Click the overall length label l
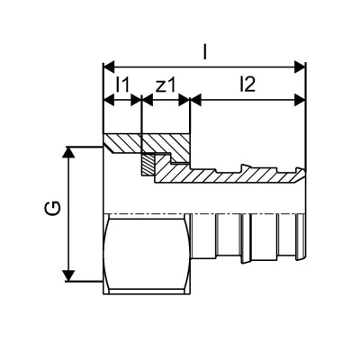pos(206,53)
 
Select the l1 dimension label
pos(123,85)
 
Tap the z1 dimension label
pos(166,85)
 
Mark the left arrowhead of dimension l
pos(109,66)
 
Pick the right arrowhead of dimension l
pos(301,66)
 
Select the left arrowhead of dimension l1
pos(109,102)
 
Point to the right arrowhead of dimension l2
pos(301,102)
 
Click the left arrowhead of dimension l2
pos(195,102)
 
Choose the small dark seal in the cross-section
pos(147,165)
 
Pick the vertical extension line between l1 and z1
pos(142,117)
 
